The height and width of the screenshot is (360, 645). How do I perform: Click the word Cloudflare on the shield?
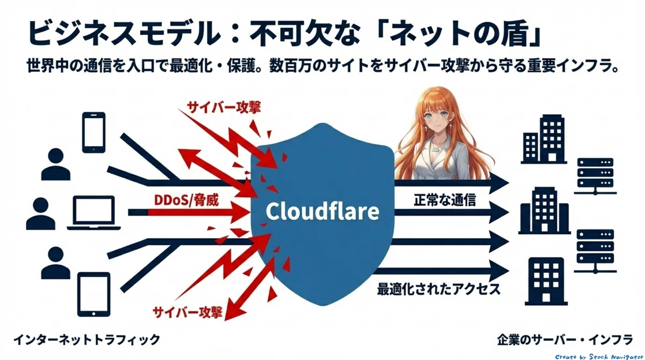[322, 211]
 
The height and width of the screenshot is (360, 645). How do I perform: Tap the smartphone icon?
[94, 132]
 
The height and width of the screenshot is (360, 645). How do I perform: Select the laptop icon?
[94, 213]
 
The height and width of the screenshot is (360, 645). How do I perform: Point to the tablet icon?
[94, 294]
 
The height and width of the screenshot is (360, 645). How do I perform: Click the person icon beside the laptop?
[41, 213]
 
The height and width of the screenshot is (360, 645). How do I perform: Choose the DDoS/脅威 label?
[187, 200]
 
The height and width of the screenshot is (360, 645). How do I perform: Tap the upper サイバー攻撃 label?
[224, 107]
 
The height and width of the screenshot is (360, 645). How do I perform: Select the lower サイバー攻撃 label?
[187, 312]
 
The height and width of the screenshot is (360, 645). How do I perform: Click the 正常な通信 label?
[445, 200]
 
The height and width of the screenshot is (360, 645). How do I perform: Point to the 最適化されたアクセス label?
[439, 289]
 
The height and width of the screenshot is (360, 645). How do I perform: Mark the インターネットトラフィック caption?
[87, 340]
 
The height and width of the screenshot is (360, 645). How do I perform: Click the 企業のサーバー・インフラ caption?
[565, 340]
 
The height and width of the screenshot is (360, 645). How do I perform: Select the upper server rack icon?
[595, 176]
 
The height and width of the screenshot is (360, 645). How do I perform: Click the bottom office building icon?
[546, 281]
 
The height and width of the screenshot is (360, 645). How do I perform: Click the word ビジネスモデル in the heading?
[124, 32]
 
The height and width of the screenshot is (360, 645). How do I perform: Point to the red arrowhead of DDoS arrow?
[240, 212]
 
